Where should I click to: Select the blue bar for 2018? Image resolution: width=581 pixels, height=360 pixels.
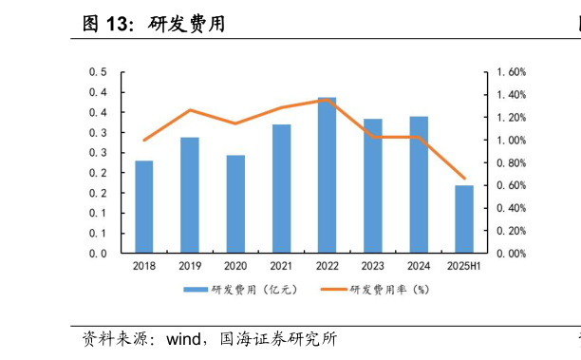pyautogui.click(x=144, y=207)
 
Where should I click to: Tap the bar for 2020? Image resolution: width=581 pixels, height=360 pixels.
pyautogui.click(x=235, y=204)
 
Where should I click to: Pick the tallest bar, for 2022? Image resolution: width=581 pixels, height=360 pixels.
pyautogui.click(x=327, y=176)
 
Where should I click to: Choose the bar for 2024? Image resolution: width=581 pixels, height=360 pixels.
pyautogui.click(x=419, y=185)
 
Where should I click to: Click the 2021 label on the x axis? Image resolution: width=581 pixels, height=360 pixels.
pyautogui.click(x=281, y=266)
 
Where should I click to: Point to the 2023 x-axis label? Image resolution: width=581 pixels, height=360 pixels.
pyautogui.click(x=373, y=266)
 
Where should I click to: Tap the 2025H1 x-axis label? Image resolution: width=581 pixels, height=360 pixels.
pyautogui.click(x=464, y=266)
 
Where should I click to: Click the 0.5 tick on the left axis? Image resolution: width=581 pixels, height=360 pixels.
pyautogui.click(x=98, y=72)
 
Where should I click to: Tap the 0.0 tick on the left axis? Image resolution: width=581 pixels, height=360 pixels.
pyautogui.click(x=98, y=254)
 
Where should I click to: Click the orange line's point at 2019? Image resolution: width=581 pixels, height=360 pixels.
pyautogui.click(x=190, y=110)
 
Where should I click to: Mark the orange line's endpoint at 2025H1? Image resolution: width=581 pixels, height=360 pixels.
pyautogui.click(x=464, y=178)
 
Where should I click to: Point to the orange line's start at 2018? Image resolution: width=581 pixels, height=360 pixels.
pyautogui.click(x=144, y=141)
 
